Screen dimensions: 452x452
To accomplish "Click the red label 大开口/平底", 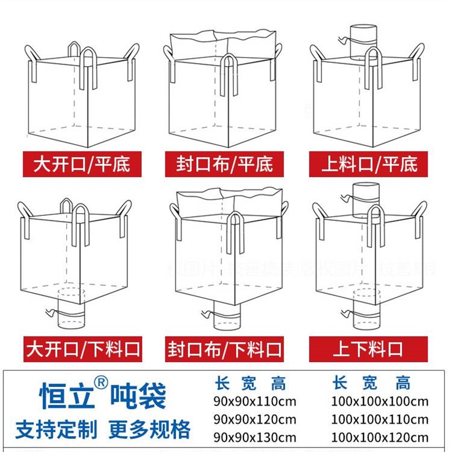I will click(x=81, y=164).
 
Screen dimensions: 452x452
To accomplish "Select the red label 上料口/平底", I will click(x=368, y=164).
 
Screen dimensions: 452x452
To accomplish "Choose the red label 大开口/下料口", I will click(x=81, y=348).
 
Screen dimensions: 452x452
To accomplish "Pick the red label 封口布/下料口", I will click(x=224, y=348).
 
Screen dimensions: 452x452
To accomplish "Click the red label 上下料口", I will click(x=368, y=348).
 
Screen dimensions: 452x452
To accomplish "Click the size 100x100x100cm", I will click(x=380, y=402).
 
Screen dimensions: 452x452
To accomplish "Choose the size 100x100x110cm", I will click(x=380, y=419).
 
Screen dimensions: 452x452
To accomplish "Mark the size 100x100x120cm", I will click(x=380, y=437).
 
